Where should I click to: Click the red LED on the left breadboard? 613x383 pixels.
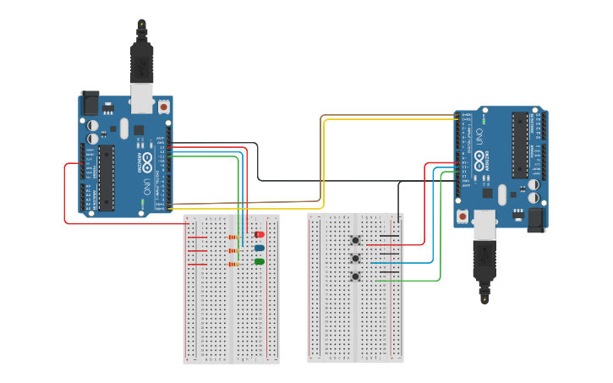[260, 234]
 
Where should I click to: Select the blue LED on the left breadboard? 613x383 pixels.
[260, 249]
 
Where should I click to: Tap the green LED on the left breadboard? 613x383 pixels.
[260, 262]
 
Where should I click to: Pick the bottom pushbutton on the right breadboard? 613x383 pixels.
[355, 276]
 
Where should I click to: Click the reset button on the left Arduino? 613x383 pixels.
[163, 107]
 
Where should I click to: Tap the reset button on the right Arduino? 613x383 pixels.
[463, 217]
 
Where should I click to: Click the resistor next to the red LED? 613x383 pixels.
[233, 238]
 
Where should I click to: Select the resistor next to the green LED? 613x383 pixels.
[233, 265]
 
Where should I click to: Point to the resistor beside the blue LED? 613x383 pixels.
[233, 251]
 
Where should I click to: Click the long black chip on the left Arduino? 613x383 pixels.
[106, 177]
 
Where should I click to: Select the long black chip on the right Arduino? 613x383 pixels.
[520, 145]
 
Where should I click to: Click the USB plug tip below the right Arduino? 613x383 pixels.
[484, 297]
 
